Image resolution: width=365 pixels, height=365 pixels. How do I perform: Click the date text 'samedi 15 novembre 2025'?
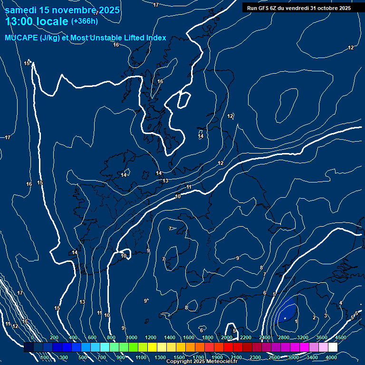click(x=62, y=10)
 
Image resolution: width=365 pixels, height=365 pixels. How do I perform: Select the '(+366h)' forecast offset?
click(x=84, y=21)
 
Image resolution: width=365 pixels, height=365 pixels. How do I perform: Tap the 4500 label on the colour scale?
click(x=340, y=337)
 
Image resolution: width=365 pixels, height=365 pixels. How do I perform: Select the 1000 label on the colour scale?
click(x=132, y=337)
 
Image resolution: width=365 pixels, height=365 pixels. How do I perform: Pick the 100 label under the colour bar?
click(x=45, y=357)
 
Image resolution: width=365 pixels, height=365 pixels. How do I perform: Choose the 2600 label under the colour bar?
click(x=274, y=357)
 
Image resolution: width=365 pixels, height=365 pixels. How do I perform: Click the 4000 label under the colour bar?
click(x=331, y=357)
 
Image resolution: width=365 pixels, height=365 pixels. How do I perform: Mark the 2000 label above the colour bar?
click(x=227, y=337)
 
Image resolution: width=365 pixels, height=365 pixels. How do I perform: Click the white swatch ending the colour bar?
click(x=339, y=347)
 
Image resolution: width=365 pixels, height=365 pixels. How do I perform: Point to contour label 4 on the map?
click(x=341, y=303)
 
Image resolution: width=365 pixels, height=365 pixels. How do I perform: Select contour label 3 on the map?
click(x=326, y=316)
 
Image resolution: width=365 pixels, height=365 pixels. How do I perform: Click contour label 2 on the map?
click(x=314, y=317)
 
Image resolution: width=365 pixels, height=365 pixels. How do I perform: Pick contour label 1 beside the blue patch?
click(x=297, y=322)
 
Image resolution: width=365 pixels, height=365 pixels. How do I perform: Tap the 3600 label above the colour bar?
click(x=322, y=337)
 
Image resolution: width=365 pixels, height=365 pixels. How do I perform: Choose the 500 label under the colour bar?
click(x=83, y=357)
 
